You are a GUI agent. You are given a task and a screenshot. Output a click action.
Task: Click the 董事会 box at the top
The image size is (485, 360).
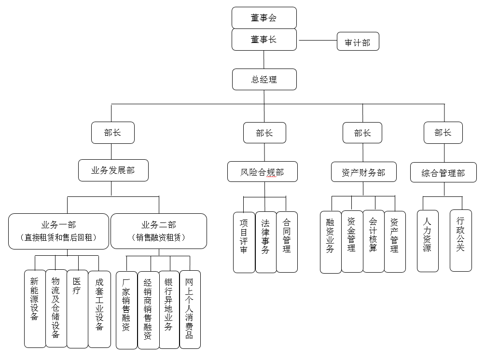[263, 18]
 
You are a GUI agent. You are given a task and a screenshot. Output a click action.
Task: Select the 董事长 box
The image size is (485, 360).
[263, 40]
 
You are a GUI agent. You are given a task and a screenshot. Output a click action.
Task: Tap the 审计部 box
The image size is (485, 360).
[358, 42]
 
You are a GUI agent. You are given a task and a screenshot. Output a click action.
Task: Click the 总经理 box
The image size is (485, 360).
[263, 79]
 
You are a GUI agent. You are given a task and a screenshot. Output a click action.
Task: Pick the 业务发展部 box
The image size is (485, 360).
[113, 170]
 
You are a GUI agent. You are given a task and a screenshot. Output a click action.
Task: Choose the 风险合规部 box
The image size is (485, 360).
[262, 172]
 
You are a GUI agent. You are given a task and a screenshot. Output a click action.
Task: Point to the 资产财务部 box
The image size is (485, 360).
[363, 172]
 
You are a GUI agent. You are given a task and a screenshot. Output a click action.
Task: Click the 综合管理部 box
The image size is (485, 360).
[443, 173]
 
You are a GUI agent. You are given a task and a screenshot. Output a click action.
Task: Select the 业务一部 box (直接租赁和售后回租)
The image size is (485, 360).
[58, 231]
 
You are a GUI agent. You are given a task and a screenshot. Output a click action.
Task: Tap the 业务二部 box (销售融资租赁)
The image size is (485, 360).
[158, 231]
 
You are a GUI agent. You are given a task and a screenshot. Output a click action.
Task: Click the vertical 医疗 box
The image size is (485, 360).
[77, 309]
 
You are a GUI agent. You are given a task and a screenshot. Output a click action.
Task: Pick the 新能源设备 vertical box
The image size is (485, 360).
[35, 309]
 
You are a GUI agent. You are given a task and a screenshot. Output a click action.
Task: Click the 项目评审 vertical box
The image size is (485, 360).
[244, 242]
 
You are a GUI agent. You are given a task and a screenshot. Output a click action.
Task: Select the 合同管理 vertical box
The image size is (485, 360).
[287, 242]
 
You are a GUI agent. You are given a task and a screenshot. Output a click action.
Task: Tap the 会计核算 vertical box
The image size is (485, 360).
[373, 241]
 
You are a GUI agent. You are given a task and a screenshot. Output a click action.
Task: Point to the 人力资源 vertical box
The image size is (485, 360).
[428, 240]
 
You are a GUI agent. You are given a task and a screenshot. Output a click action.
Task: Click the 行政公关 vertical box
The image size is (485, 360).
[460, 240]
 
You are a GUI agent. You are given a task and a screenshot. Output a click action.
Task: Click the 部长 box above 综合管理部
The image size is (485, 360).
[443, 133]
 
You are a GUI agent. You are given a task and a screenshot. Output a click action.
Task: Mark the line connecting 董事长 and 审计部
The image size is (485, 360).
[317, 40]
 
